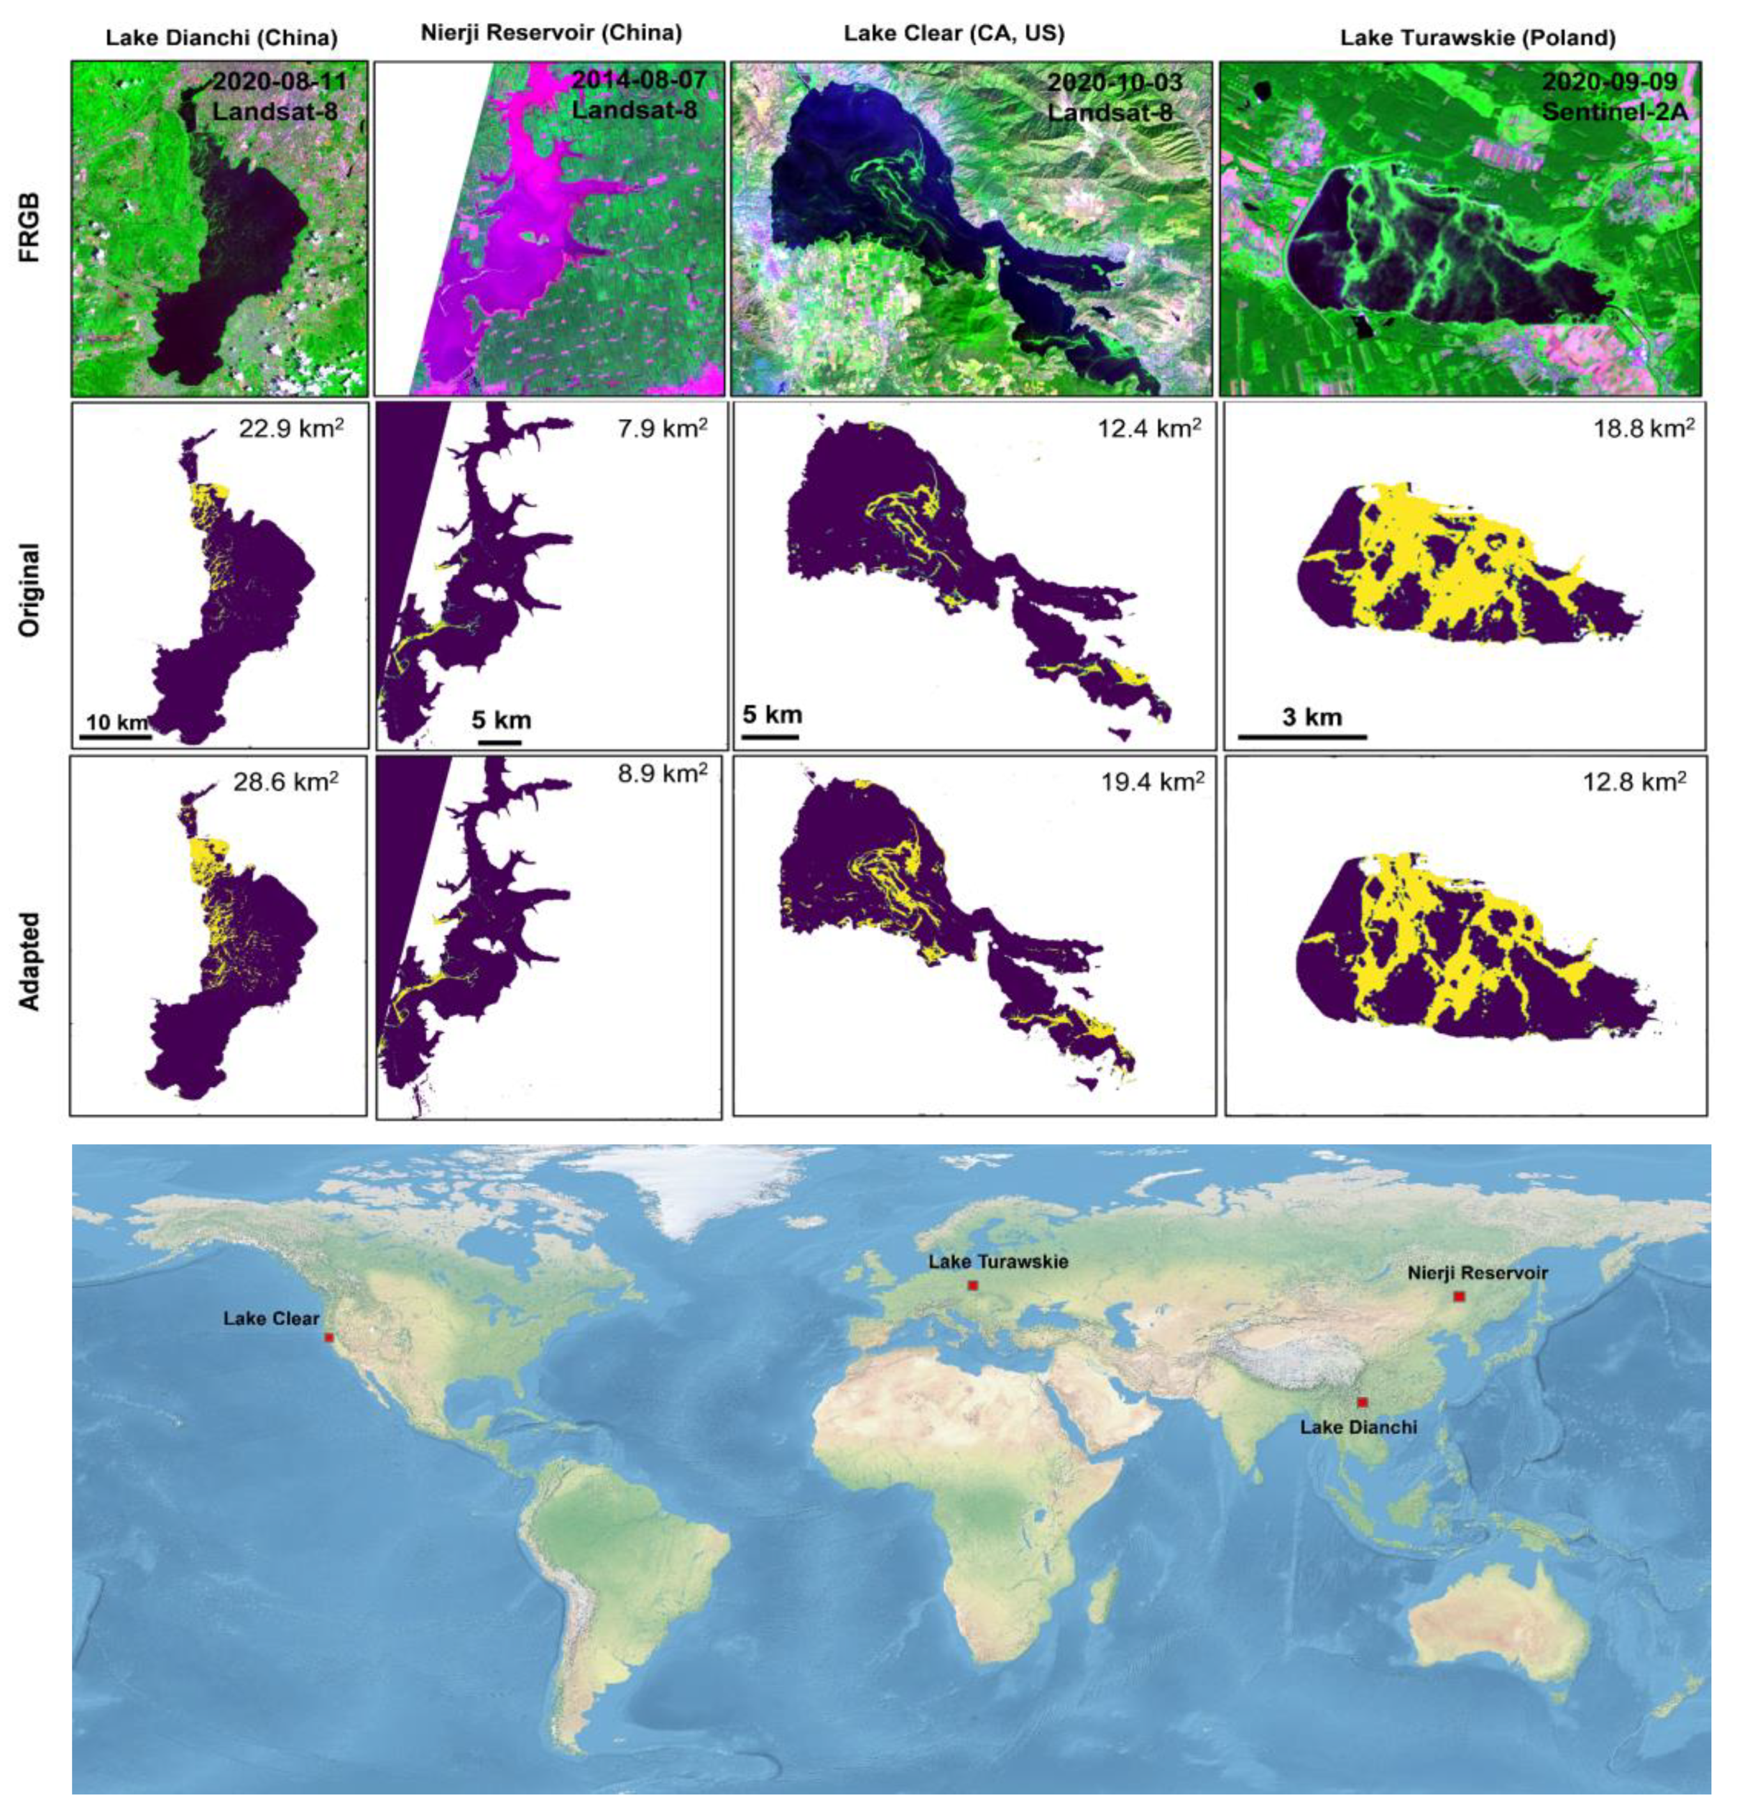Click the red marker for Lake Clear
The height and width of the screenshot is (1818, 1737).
click(329, 1338)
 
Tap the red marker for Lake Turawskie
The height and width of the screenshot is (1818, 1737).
click(972, 1286)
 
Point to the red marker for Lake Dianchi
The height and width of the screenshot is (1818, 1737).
click(1362, 1402)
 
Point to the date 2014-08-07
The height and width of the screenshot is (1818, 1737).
click(639, 80)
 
